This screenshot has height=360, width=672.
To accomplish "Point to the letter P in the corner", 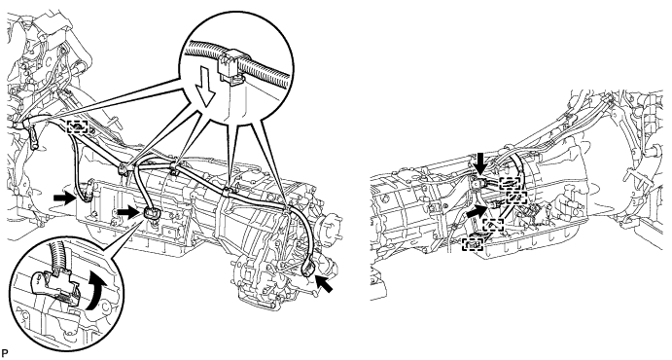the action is (4, 353).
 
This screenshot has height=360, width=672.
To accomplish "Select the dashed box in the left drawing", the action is (78, 126).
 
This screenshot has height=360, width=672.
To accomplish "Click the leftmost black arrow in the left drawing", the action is (64, 198).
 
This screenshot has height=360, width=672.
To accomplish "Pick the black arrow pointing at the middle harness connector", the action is (128, 211).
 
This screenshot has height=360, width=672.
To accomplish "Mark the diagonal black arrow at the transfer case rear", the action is (324, 284).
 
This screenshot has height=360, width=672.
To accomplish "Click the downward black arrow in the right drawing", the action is (481, 163).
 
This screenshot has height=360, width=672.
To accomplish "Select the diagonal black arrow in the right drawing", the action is (477, 211).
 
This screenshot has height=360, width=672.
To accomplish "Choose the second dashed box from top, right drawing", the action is (516, 198).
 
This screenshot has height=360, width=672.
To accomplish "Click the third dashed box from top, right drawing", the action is (493, 225).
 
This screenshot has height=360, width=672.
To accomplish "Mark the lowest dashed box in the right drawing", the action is (473, 244).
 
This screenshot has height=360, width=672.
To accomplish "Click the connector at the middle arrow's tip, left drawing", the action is (152, 213).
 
